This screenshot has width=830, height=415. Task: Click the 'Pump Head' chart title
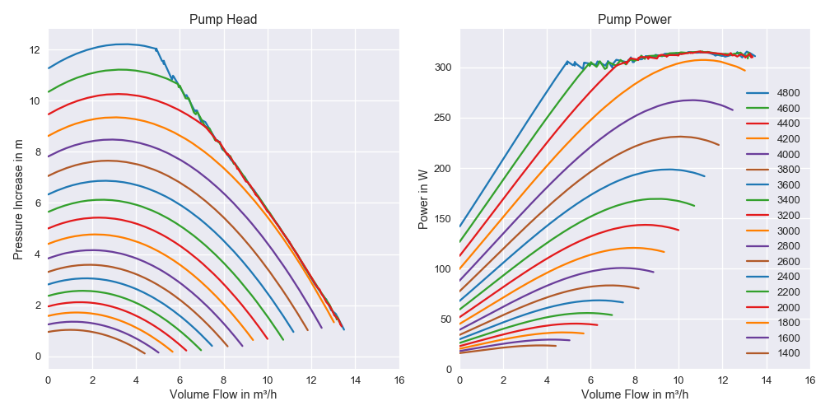[223, 20]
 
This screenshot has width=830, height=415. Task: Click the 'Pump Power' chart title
[635, 20]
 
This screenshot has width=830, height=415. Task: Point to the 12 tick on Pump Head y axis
[34, 50]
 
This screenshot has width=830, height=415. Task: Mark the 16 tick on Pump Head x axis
[399, 380]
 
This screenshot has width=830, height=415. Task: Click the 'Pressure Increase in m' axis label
[17, 198]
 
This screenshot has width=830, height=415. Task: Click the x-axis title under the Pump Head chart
[223, 394]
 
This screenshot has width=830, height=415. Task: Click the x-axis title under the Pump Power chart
[635, 394]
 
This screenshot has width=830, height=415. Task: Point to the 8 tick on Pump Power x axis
[635, 380]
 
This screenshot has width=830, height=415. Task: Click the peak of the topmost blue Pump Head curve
[123, 44]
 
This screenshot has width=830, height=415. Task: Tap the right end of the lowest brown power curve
[556, 346]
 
